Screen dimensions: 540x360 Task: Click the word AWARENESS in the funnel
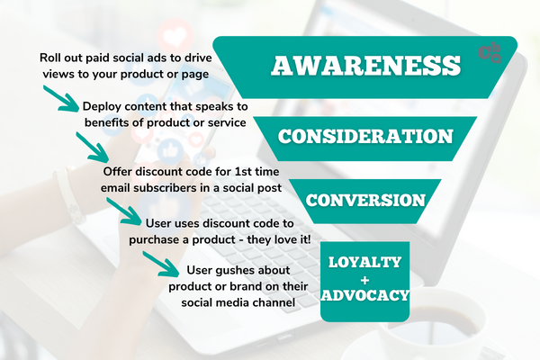(x=365, y=66)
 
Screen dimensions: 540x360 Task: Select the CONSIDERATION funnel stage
(x=365, y=137)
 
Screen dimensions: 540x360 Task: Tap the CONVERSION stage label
(x=365, y=201)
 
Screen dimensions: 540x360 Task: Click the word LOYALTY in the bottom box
(x=365, y=262)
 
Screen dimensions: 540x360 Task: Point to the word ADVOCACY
(x=365, y=295)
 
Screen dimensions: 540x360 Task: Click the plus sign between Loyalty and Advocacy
(x=365, y=280)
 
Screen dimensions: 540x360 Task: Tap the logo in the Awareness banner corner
(x=490, y=53)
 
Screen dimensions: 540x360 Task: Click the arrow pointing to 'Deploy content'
(x=61, y=99)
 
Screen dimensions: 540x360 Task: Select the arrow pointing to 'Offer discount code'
(x=93, y=148)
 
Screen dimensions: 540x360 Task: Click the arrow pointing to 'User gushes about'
(x=161, y=264)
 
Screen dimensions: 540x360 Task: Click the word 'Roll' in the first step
(x=49, y=58)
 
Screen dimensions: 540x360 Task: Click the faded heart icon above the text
(x=175, y=34)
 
